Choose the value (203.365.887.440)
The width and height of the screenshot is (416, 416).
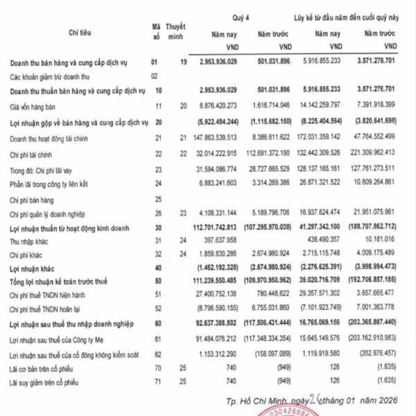[372, 323]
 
